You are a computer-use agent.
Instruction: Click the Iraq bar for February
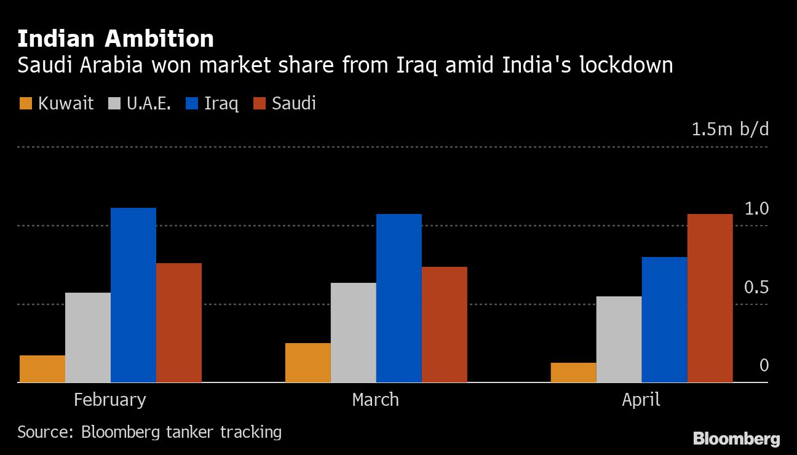[x=133, y=295]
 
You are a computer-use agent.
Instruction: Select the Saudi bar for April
[x=710, y=298]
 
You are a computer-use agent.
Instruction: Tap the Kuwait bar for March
[x=307, y=363]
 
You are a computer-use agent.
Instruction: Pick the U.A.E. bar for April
[x=619, y=339]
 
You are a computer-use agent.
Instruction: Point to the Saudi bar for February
[x=179, y=323]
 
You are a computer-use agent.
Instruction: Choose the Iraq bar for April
[x=664, y=320]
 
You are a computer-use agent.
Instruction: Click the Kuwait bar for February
[x=42, y=369]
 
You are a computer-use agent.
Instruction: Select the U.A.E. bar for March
[x=353, y=333]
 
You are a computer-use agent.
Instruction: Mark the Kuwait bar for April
[x=573, y=373]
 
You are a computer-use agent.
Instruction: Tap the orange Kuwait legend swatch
[x=25, y=103]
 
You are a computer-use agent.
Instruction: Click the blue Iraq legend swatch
[x=191, y=103]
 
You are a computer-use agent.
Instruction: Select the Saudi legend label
[x=294, y=103]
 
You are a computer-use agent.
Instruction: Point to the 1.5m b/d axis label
[x=730, y=130]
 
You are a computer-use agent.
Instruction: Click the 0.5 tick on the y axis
[x=756, y=287]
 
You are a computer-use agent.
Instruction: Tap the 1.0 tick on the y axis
[x=756, y=209]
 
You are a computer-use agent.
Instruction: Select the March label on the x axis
[x=375, y=400]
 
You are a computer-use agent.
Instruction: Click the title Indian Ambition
[x=116, y=39]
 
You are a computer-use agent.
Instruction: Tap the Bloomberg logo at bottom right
[x=736, y=439]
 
